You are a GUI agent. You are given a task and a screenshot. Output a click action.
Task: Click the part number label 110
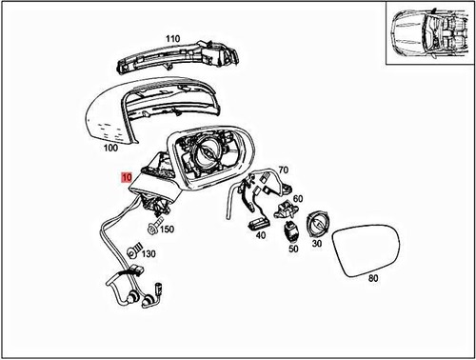[x=171, y=39]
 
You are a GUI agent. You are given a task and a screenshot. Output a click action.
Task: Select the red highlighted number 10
[x=127, y=177]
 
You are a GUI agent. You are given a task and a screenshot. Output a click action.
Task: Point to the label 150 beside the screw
[x=167, y=230]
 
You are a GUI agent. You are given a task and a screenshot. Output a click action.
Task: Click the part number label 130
[x=148, y=254]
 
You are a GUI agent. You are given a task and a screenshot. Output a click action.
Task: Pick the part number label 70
[x=283, y=170]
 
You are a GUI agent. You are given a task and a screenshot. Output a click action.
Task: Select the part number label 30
[x=317, y=244]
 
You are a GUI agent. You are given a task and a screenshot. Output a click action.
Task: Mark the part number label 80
[x=372, y=279]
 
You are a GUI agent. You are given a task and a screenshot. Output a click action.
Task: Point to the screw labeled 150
[x=152, y=228]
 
